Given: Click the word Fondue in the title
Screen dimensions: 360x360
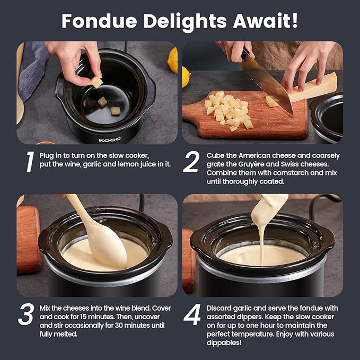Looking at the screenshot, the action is pos(99,21).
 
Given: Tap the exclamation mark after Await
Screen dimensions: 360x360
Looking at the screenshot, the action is pos(295,21).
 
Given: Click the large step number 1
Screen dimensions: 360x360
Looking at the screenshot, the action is pos(30,162).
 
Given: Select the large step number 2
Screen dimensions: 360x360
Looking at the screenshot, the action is pos(191,162).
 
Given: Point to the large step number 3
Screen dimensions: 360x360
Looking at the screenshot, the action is pos(26,314).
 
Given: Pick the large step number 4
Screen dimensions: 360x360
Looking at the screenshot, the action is pos(192,314).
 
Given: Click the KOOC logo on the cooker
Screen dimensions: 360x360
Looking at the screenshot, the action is pos(110,139).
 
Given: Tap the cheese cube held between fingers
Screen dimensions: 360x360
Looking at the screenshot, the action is pos(97,82).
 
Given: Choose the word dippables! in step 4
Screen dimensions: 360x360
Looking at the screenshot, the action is pos(224,343).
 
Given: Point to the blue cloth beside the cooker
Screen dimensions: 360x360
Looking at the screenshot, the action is pos(32,69).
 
